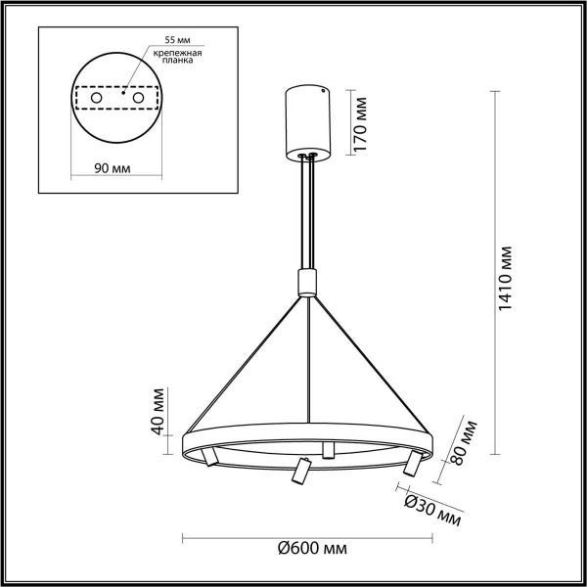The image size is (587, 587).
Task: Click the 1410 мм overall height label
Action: (x=506, y=278)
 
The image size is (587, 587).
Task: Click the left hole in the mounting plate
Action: (x=96, y=99)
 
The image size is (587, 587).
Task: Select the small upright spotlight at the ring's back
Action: (x=329, y=449)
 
